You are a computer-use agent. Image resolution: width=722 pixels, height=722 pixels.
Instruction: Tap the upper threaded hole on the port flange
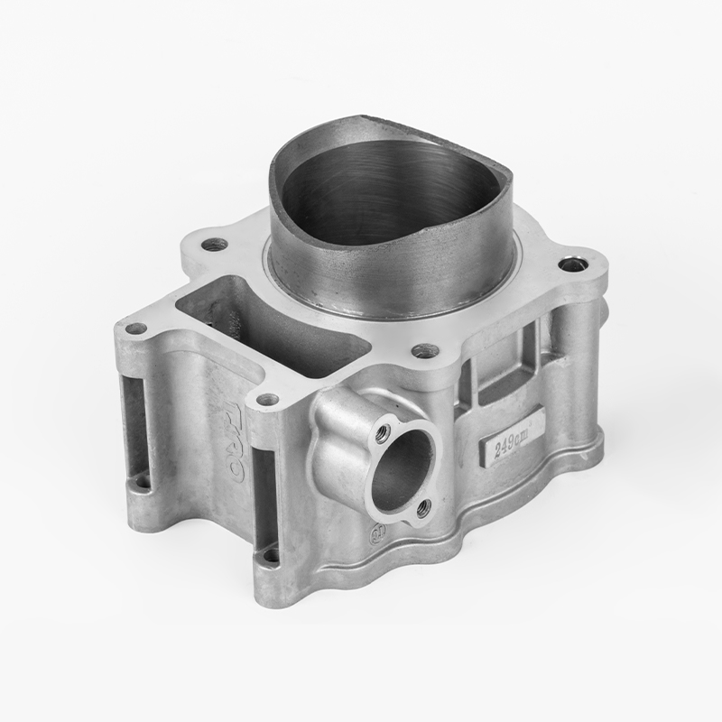[384, 432]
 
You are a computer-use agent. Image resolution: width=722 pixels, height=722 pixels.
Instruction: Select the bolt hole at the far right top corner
[568, 264]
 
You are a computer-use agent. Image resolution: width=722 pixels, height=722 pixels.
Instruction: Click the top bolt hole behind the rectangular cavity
[213, 244]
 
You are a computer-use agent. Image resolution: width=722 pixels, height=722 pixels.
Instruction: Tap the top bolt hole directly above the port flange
[426, 350]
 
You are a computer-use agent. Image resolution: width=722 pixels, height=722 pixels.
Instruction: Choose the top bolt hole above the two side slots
[266, 399]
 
